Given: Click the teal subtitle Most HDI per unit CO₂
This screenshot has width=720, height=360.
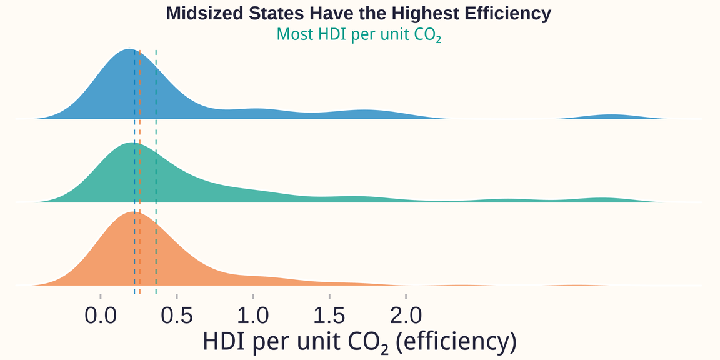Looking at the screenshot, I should click(359, 34).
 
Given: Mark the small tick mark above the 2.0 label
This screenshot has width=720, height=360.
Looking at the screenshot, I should click(406, 296).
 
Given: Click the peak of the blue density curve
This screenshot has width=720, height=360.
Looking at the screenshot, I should click(129, 50).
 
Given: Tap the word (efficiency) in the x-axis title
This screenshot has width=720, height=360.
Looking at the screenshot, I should click(457, 342).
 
